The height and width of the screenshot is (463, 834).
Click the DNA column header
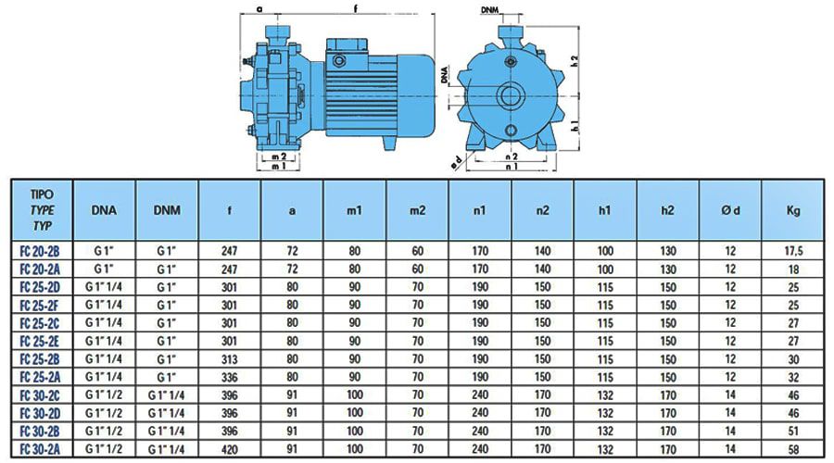(104, 210)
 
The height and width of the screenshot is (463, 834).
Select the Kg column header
(793, 210)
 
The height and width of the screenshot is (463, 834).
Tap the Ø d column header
(730, 210)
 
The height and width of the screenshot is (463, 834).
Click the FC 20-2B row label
(40, 251)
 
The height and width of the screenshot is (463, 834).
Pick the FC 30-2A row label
(40, 449)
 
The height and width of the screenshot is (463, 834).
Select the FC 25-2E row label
(40, 342)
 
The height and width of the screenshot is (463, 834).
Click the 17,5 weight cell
(793, 251)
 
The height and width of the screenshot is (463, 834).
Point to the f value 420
(229, 450)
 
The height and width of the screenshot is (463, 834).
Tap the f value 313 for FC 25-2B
(229, 359)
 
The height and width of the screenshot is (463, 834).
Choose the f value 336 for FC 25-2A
(229, 378)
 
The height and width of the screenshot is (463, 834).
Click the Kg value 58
(793, 450)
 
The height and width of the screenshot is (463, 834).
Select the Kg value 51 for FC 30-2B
(793, 432)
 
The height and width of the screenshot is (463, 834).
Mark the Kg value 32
(793, 378)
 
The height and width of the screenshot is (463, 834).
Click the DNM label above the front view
(489, 10)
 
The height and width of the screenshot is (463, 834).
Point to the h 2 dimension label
(574, 61)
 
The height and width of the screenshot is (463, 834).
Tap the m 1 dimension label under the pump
(279, 167)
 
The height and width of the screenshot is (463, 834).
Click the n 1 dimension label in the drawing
(512, 167)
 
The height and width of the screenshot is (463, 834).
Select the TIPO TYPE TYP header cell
(42, 210)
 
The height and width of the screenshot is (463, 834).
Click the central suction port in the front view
(511, 96)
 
